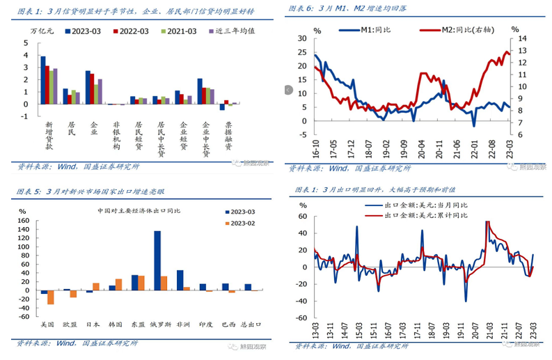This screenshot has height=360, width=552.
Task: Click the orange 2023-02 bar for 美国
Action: click(x=50, y=297)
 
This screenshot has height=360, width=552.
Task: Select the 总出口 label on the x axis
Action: click(x=247, y=324)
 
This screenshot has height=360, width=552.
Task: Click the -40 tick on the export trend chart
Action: click(x=303, y=301)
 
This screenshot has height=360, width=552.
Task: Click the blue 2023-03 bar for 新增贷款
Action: click(x=42, y=80)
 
